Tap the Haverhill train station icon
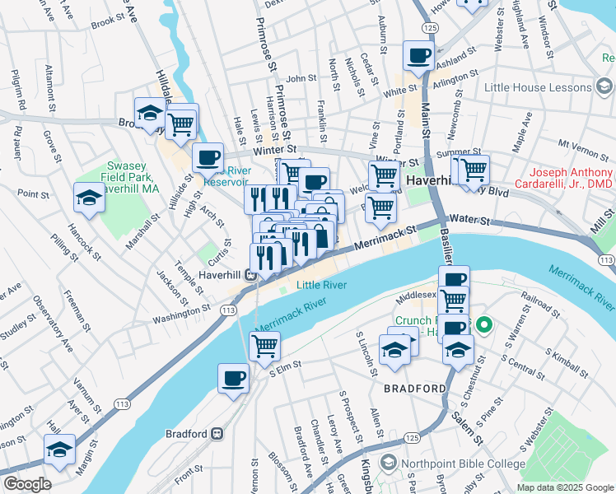click(252, 275)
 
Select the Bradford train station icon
click(217, 433)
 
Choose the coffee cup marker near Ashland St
click(418, 57)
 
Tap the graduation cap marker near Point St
click(89, 198)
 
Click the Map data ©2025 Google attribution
click(564, 487)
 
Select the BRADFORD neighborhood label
click(413, 388)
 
